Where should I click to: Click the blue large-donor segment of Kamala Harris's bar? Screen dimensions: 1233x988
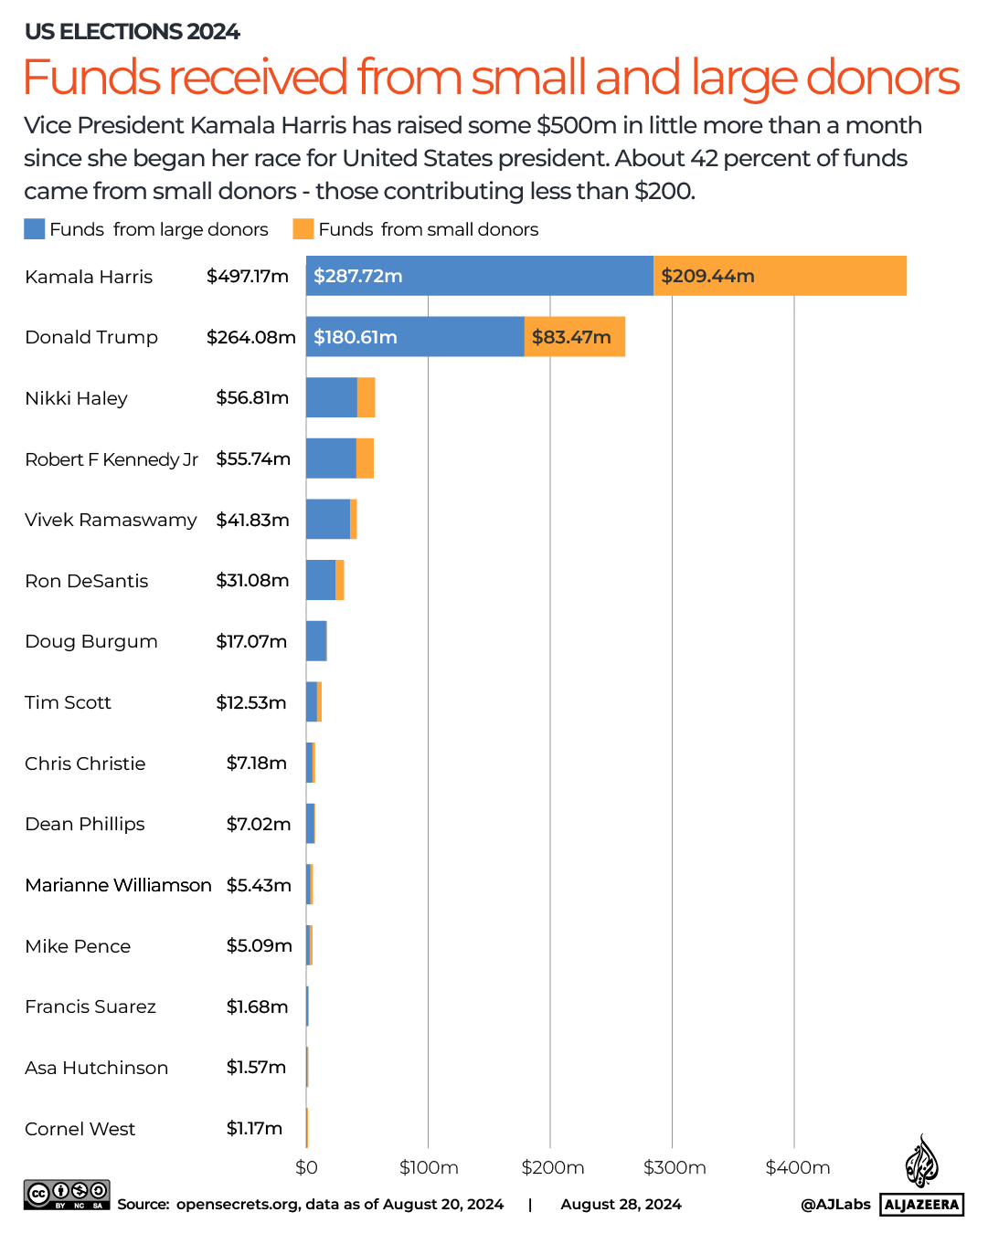[x=480, y=276]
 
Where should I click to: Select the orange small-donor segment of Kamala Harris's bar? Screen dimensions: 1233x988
[x=780, y=276]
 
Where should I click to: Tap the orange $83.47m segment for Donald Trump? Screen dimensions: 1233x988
[x=575, y=337]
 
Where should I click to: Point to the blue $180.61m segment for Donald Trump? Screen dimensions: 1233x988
[x=415, y=337]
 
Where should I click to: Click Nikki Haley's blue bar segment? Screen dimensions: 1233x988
[x=331, y=397]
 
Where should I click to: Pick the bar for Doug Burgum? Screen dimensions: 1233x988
[x=316, y=641]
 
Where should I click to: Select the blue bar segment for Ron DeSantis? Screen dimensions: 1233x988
[x=321, y=580]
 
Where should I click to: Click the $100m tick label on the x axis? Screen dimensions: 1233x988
[x=429, y=1167]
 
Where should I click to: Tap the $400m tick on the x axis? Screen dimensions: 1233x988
[x=798, y=1167]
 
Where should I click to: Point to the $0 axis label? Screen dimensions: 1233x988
[x=306, y=1167]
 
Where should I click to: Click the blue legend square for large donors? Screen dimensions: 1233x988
[x=34, y=229]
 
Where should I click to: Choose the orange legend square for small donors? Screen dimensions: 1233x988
[x=303, y=229]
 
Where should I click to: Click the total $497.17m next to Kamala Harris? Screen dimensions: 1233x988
[x=248, y=276]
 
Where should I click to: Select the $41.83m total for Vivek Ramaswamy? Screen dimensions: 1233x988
[x=252, y=520]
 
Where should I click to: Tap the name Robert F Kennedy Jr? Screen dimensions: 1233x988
[x=112, y=458]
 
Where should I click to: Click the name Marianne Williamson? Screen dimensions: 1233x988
[x=118, y=885]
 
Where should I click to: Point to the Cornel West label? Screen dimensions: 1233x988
[x=80, y=1129]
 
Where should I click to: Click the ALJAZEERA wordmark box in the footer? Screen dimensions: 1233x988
[x=922, y=1205]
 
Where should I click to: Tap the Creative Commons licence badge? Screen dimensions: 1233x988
[x=67, y=1195]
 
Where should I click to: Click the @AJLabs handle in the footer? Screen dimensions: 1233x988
[x=835, y=1205]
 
